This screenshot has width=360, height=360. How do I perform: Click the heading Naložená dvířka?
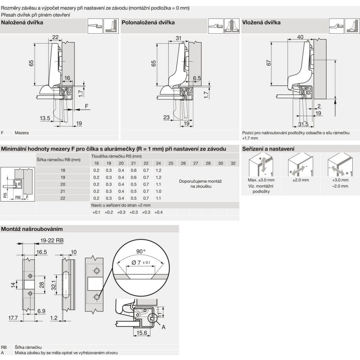pos(22,22)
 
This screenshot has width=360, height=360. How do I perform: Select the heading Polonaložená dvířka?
pos(148,22)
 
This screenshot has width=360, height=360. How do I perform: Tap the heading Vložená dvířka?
pos(261,22)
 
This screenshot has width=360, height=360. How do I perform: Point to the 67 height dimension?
pos(268,63)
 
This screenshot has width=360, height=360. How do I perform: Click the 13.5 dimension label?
pos(45,118)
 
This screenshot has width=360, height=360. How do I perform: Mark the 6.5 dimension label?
pos(196,78)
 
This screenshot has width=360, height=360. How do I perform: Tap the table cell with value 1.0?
pos(158,191)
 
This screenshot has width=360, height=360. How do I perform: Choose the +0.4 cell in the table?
pos(158,211)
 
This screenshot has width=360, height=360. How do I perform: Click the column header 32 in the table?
pos(233,163)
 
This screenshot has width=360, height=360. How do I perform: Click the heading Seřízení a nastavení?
pos(268,148)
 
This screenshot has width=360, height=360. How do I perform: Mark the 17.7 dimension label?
pos(13,318)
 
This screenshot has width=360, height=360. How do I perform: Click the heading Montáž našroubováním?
pos(31,229)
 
